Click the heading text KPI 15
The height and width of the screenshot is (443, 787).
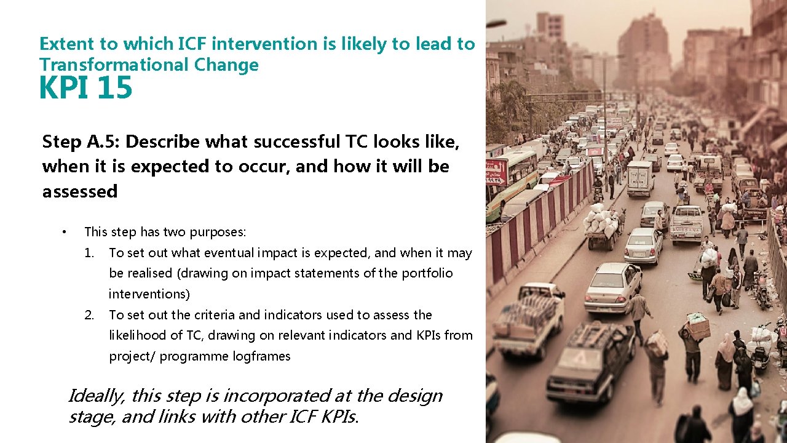[85, 88]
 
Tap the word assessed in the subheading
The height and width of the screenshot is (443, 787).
[79, 191]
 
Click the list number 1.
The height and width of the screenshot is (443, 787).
[90, 253]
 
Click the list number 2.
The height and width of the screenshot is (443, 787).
[90, 315]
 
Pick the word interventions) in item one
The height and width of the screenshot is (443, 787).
[149, 294]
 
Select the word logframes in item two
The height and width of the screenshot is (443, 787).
[261, 356]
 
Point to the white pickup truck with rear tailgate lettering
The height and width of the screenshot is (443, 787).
[686, 223]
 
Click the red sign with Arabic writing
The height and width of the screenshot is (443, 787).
[496, 172]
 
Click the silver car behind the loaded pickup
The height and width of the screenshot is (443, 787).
[612, 286]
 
